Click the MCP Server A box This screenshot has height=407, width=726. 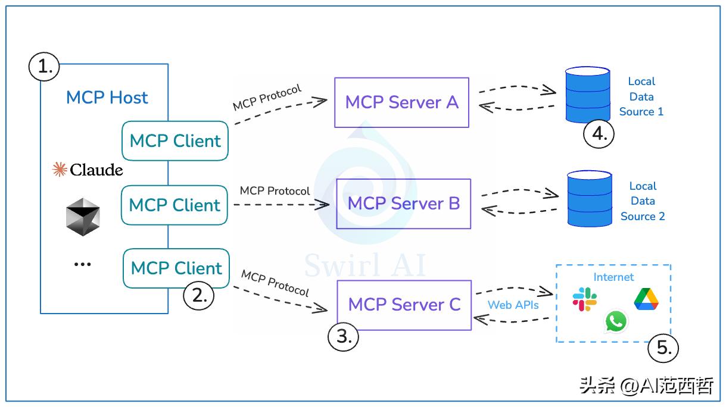[x=401, y=102]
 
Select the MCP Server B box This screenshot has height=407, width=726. [x=403, y=203]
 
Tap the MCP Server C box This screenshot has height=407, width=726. [x=404, y=305]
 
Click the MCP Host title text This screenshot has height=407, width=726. [x=107, y=98]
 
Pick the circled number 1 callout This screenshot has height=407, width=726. [x=44, y=67]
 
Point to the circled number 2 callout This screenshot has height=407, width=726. [x=198, y=295]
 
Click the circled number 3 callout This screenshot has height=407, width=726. [x=344, y=336]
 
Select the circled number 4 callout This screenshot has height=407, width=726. [x=599, y=133]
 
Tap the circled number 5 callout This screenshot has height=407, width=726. [x=663, y=347]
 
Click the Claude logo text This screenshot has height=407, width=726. [x=88, y=170]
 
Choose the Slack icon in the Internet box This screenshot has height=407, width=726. [x=585, y=299]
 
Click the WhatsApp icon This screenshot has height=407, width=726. [x=616, y=321]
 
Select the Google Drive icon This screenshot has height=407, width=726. [x=646, y=299]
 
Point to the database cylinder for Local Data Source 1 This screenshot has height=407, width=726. [x=587, y=95]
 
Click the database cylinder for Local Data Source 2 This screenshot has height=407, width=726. [x=589, y=199]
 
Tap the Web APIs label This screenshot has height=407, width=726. [x=513, y=305]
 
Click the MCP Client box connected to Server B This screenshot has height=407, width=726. [x=175, y=205]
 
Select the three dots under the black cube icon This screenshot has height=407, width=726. [x=82, y=264]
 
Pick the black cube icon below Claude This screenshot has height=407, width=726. [x=83, y=217]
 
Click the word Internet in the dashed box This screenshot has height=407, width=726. [x=613, y=277]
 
